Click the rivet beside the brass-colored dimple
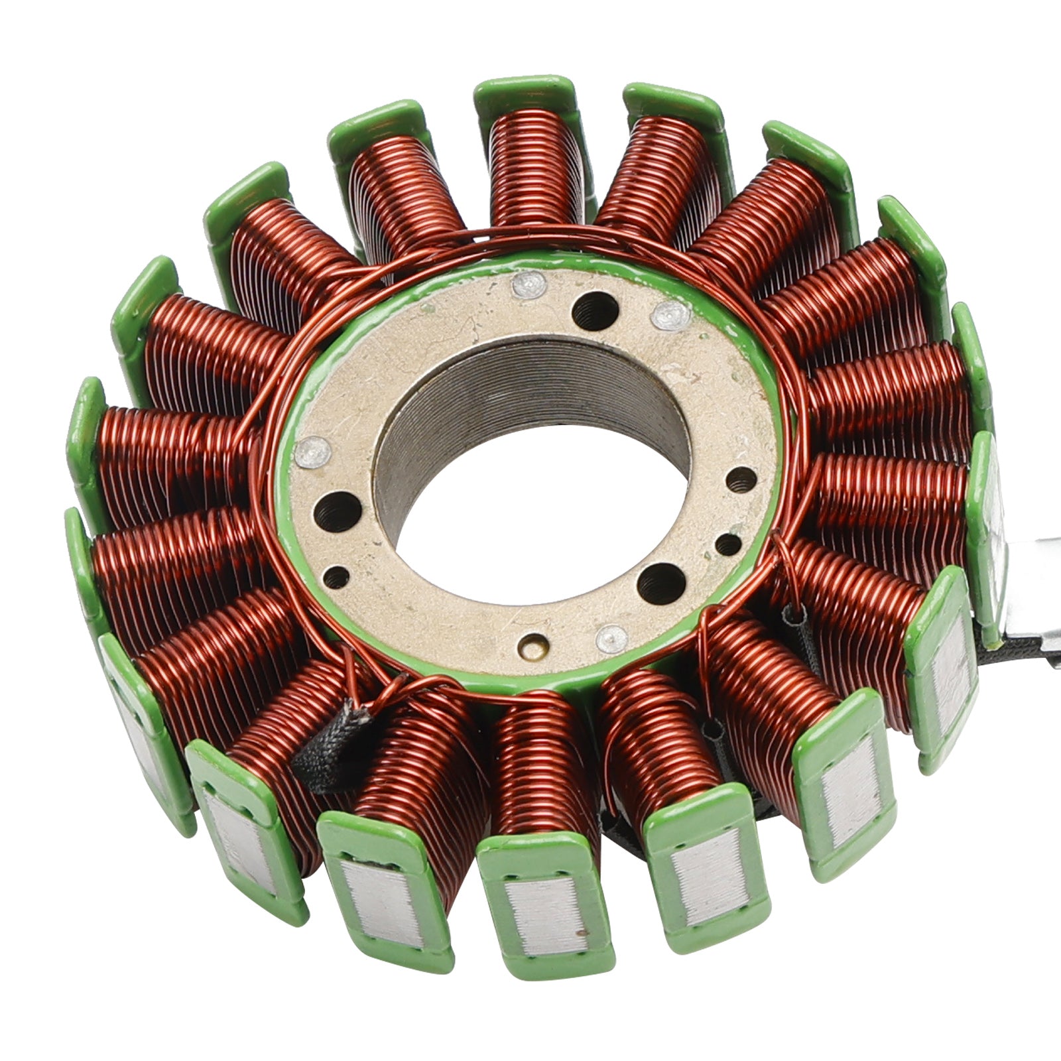(x=611, y=638)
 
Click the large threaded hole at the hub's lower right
(x=660, y=582)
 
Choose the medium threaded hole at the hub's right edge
(x=741, y=480)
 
